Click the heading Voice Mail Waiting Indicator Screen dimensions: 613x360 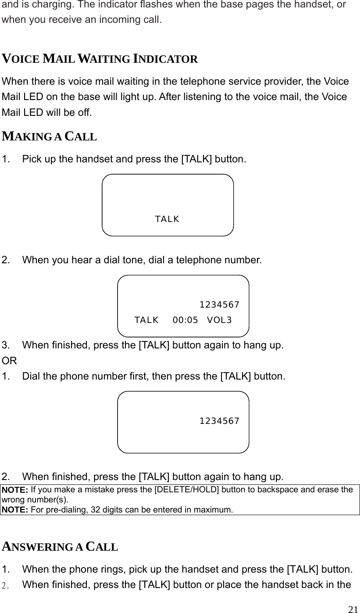(x=100, y=59)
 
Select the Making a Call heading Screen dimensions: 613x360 (x=50, y=136)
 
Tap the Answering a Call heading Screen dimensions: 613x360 (x=60, y=547)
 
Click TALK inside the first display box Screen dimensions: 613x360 (x=167, y=219)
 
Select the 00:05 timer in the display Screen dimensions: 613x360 (x=185, y=320)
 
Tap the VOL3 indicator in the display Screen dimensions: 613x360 (x=219, y=320)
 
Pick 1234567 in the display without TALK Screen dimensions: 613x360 (x=219, y=421)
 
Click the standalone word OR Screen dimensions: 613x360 (x=9, y=361)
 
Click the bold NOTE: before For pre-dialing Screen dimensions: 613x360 (x=15, y=510)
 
